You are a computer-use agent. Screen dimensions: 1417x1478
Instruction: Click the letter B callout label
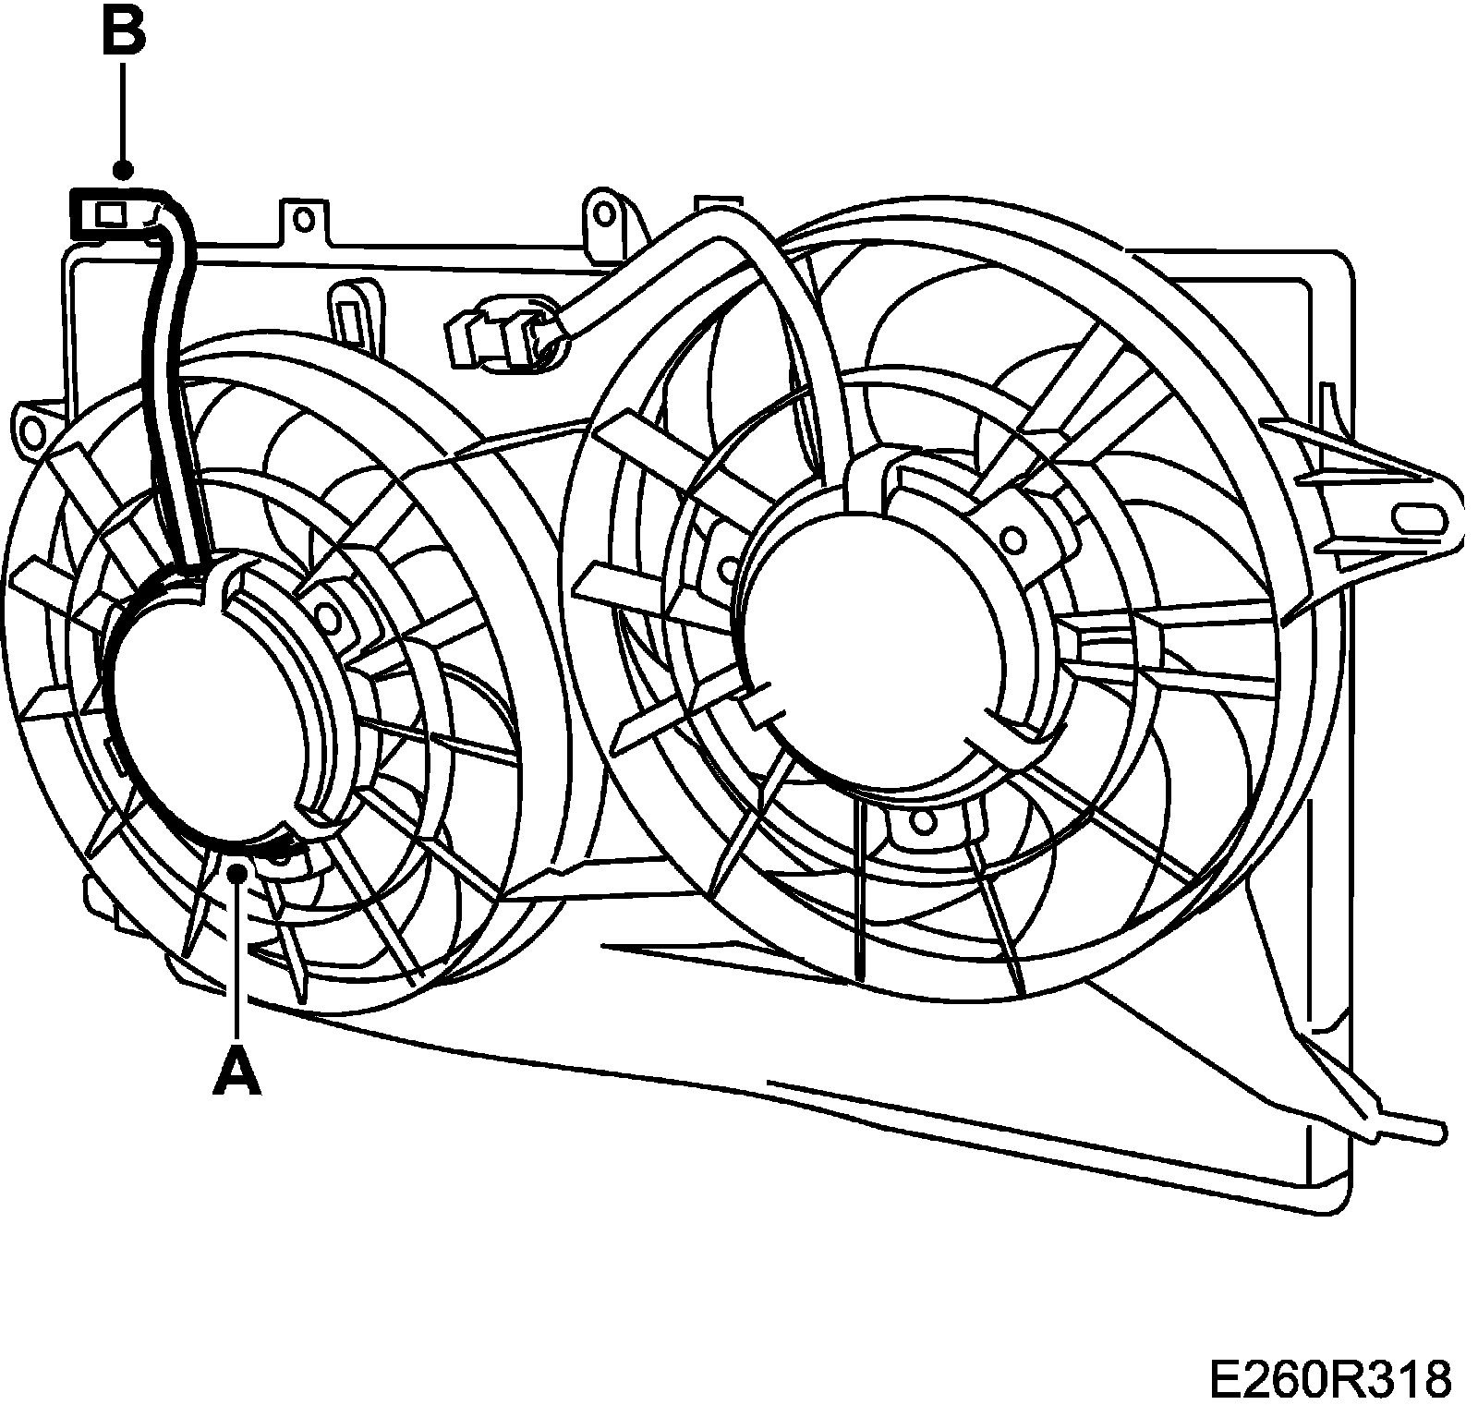(x=123, y=33)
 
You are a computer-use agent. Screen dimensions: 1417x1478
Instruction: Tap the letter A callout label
(x=236, y=1072)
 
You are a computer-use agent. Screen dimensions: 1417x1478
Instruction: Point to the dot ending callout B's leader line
(x=123, y=170)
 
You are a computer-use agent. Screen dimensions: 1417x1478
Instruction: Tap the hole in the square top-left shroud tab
(x=304, y=219)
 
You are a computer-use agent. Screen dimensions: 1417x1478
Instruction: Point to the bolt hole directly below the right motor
(x=919, y=819)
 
